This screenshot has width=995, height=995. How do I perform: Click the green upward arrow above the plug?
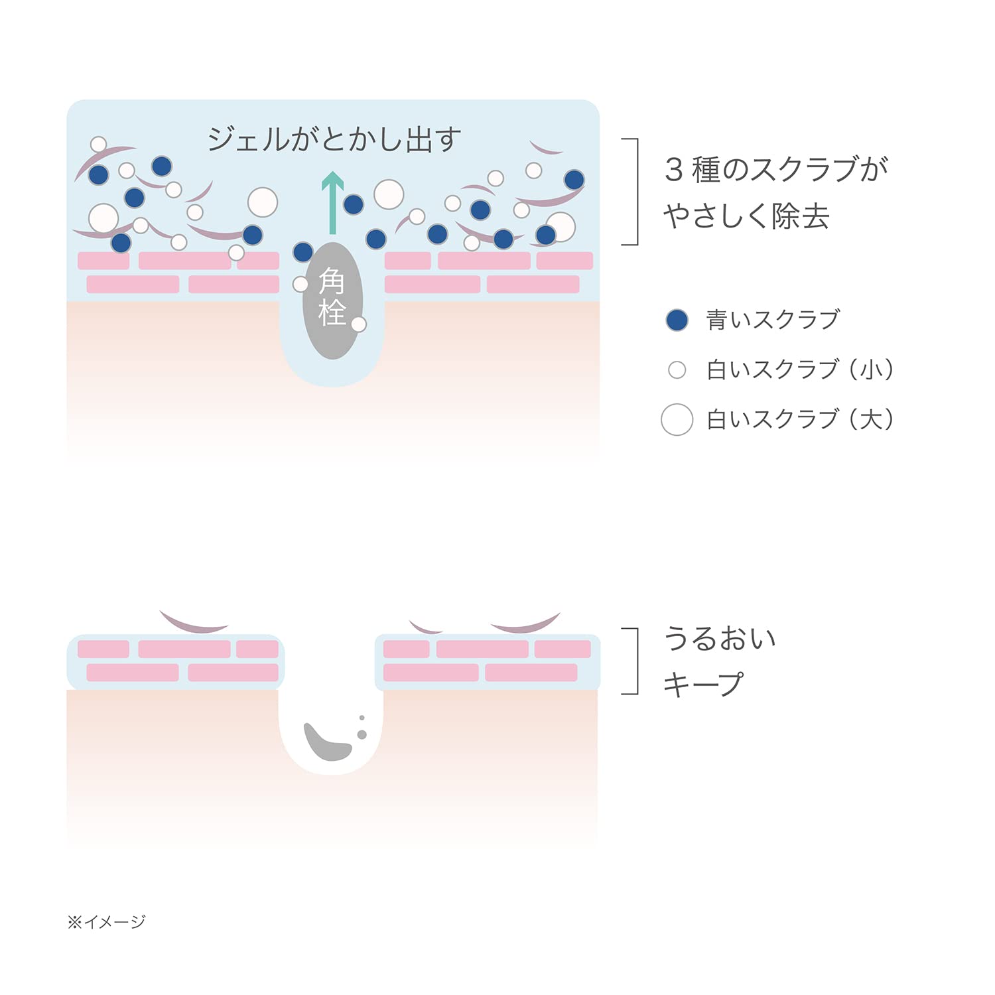pyautogui.click(x=332, y=202)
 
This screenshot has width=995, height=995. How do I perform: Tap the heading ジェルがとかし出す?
pyautogui.click(x=334, y=139)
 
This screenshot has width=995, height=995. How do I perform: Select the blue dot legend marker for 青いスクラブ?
pyautogui.click(x=677, y=320)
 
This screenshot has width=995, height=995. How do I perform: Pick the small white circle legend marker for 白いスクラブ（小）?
pyautogui.click(x=677, y=369)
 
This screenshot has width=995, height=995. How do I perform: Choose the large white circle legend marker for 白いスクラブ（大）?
pyautogui.click(x=677, y=419)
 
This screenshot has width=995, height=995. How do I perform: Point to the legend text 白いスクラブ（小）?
pyautogui.click(x=800, y=369)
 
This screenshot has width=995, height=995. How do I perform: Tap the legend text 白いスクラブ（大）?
pyautogui.click(x=800, y=419)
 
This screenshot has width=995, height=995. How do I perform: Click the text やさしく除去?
pyautogui.click(x=746, y=216)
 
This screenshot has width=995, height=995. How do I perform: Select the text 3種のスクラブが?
pyautogui.click(x=776, y=170)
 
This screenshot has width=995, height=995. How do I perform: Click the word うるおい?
pyautogui.click(x=720, y=639)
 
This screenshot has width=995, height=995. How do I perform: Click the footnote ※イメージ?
pyautogui.click(x=106, y=921)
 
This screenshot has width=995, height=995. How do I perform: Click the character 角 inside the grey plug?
pyautogui.click(x=332, y=281)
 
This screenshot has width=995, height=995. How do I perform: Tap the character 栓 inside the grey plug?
pyautogui.click(x=332, y=312)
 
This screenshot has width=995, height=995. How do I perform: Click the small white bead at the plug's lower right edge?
pyautogui.click(x=359, y=324)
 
